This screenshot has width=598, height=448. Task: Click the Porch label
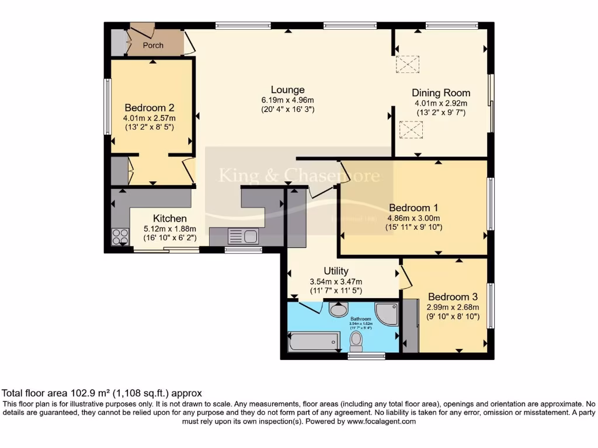(x=153, y=45)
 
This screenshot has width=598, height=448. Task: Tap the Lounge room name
(x=287, y=90)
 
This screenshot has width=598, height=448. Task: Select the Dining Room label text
(x=441, y=93)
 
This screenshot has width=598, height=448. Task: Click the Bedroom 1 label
(x=413, y=208)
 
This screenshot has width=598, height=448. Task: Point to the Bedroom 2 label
(x=149, y=108)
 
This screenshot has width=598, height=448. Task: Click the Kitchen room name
(x=170, y=218)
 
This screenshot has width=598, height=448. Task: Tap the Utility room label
(x=336, y=271)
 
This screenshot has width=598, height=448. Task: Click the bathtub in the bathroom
(x=314, y=341)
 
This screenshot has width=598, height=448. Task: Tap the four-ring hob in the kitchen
(x=121, y=236)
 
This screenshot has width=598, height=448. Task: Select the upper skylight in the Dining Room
(x=408, y=64)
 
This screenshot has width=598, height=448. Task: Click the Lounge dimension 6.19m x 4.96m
(x=287, y=100)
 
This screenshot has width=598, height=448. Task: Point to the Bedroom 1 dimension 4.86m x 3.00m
(x=413, y=218)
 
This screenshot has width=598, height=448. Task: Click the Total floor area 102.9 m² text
(x=102, y=394)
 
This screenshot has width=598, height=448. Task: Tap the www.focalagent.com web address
(x=381, y=421)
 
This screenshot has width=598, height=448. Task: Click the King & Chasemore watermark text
(x=299, y=176)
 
